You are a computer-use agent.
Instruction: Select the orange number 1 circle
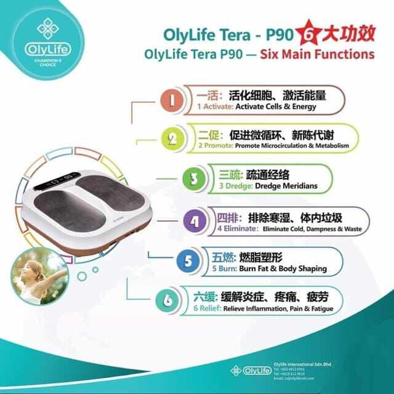[173, 99]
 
